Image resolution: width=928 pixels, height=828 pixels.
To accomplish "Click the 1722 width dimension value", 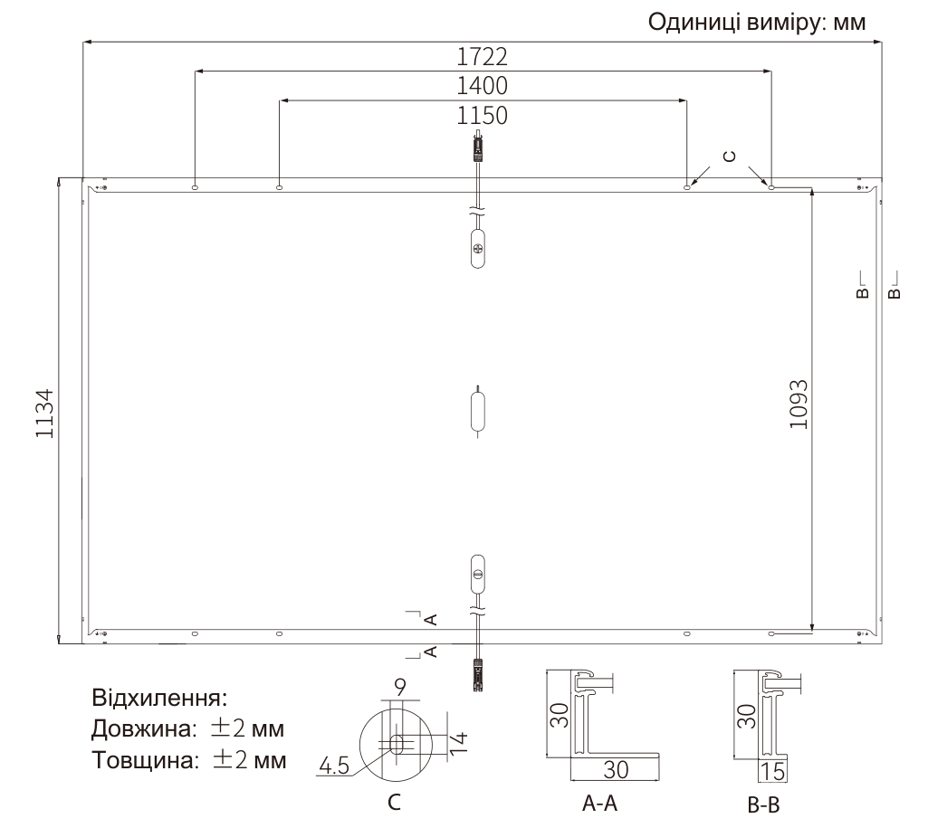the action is tap(482, 57).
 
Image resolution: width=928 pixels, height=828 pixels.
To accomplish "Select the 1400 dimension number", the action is tap(482, 86).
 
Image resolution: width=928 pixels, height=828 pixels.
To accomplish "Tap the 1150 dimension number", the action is tap(482, 115).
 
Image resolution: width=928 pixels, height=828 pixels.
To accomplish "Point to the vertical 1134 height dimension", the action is tap(45, 414).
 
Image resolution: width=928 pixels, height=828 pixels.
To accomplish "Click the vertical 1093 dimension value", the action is tap(799, 404).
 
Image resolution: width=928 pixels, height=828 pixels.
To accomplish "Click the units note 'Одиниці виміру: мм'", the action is tap(756, 23).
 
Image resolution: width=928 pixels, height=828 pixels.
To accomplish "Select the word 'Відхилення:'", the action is tap(159, 698).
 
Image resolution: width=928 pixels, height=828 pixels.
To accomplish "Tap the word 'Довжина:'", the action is tap(143, 728).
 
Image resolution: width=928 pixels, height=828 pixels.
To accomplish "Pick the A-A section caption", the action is tap(599, 804).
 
